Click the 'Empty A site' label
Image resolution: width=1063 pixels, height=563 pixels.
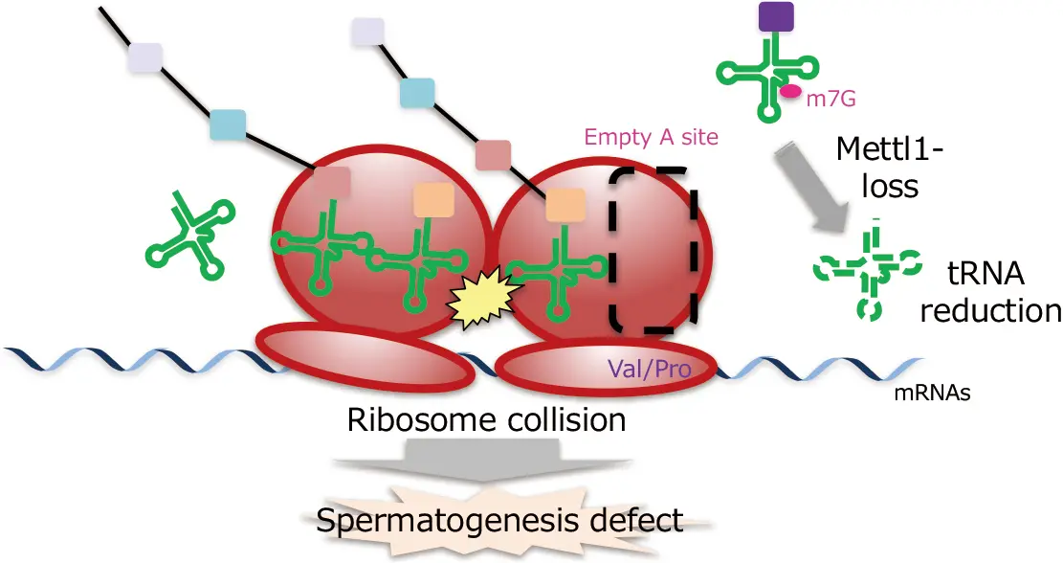pyautogui.click(x=651, y=138)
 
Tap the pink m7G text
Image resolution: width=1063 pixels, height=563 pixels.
pyautogui.click(x=830, y=99)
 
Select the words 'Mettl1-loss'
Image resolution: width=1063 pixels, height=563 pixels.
pyautogui.click(x=890, y=167)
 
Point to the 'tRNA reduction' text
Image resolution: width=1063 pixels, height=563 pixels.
pyautogui.click(x=990, y=292)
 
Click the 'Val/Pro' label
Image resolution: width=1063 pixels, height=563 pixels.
pyautogui.click(x=650, y=369)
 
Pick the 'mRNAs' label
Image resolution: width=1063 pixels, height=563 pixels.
pyautogui.click(x=932, y=393)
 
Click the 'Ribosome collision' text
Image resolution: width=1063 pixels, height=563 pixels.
pyautogui.click(x=486, y=419)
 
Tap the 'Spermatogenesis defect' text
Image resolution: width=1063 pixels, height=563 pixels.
pyautogui.click(x=499, y=520)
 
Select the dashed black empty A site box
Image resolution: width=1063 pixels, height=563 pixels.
pyautogui.click(x=653, y=250)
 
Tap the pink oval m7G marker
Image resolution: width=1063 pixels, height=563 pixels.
pyautogui.click(x=789, y=92)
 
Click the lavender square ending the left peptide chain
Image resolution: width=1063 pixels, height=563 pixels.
pyautogui.click(x=145, y=57)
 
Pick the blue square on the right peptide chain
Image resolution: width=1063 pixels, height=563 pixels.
pyautogui.click(x=416, y=93)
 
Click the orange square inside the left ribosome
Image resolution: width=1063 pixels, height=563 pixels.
pyautogui.click(x=433, y=199)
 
